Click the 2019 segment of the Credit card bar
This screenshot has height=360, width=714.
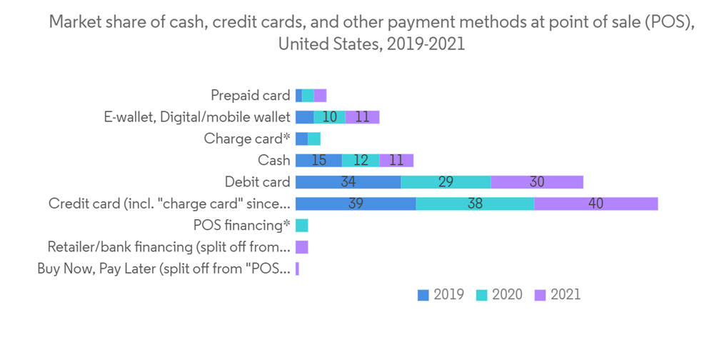[x=355, y=204]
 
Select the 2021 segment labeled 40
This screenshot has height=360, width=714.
[x=595, y=204]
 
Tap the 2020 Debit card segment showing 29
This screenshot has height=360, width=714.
[x=446, y=182]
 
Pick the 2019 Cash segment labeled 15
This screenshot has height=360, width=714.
[x=318, y=161]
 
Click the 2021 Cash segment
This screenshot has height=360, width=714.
[x=396, y=161]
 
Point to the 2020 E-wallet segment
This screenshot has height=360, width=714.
[x=329, y=117]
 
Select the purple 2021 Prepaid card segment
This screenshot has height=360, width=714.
[x=320, y=96]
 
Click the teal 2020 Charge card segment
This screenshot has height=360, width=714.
[x=314, y=139]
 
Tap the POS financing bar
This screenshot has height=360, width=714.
[x=301, y=226]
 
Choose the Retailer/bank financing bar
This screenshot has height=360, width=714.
[x=301, y=247]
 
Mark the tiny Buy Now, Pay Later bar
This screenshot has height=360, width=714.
[x=297, y=269]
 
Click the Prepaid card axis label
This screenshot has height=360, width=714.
[x=250, y=96]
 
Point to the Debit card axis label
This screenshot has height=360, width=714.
[x=257, y=182]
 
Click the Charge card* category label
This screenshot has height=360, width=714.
[x=246, y=139]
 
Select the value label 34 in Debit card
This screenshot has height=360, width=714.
[x=348, y=182]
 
